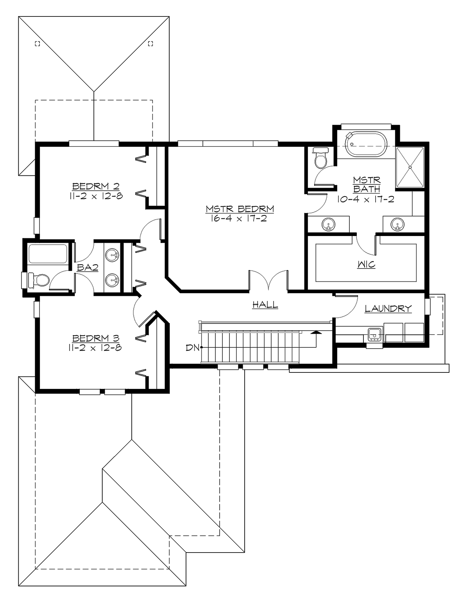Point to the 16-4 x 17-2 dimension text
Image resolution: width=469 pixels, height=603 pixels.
tap(240, 218)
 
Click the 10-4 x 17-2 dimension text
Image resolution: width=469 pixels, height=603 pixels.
tap(366, 199)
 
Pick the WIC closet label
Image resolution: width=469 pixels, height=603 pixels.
tap(366, 265)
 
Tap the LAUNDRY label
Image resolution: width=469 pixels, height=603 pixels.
tap(388, 309)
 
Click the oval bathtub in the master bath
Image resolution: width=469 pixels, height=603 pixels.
tap(366, 145)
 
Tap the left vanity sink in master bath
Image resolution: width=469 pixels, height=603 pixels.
tap(328, 224)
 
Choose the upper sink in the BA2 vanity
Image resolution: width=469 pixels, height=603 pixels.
tap(113, 255)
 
